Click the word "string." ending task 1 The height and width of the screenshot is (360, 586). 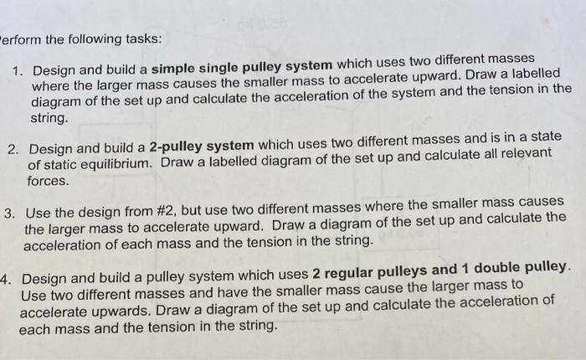[x=51, y=119]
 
